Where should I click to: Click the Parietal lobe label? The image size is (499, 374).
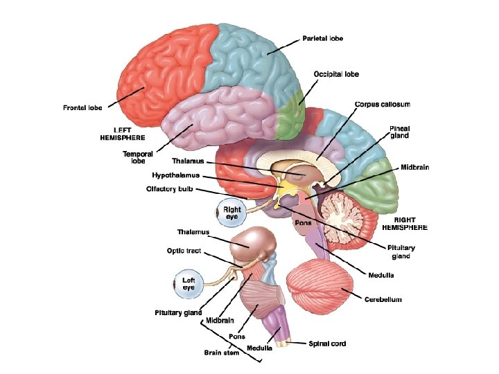coord(322,38)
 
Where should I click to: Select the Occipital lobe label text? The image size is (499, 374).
coord(336,74)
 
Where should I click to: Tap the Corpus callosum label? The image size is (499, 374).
coord(383,105)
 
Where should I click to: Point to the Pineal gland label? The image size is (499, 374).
coord(399,132)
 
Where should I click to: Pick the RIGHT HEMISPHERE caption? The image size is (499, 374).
coord(405,223)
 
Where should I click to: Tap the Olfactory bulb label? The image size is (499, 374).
coord(170,188)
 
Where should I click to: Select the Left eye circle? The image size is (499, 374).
coord(188,282)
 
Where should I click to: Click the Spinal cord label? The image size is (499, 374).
coord(327,343)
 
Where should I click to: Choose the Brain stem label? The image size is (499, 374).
coord(221,353)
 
